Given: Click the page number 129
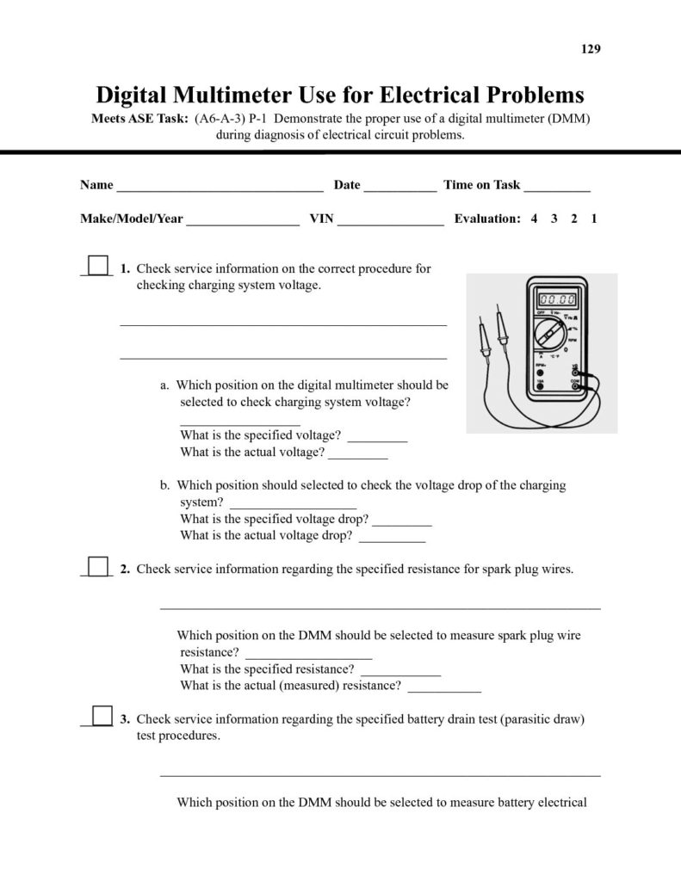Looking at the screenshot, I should click(x=591, y=49).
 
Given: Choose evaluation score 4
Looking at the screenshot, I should click(x=535, y=219).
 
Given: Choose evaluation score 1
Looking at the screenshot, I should click(x=594, y=219).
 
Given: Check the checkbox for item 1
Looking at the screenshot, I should click(x=99, y=265).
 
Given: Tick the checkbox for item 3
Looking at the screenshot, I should click(x=102, y=716).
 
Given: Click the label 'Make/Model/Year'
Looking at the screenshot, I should click(x=132, y=219).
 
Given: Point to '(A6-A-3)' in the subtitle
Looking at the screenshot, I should click(x=220, y=118).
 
